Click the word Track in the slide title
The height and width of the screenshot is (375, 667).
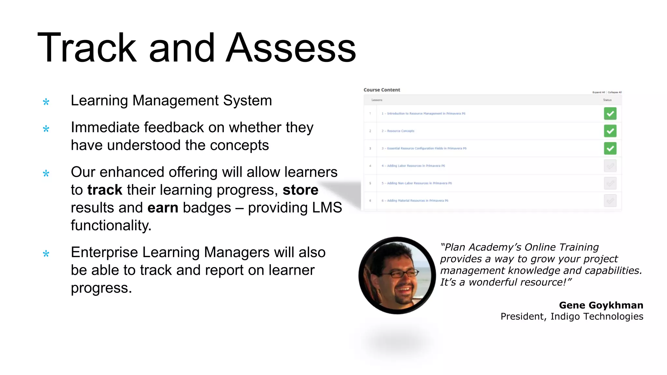(87, 48)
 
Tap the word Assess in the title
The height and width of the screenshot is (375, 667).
(291, 48)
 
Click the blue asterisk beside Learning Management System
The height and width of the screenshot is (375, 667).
(46, 102)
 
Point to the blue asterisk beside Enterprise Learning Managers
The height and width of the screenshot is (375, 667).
(46, 254)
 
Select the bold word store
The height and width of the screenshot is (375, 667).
(300, 190)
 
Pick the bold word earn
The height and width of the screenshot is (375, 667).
(163, 208)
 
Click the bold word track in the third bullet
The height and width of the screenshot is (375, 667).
(105, 190)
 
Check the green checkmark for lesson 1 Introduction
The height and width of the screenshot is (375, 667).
(610, 114)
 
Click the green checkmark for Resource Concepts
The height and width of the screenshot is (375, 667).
(610, 131)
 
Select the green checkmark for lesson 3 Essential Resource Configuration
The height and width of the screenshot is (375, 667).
(610, 148)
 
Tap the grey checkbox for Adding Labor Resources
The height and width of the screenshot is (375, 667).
(610, 166)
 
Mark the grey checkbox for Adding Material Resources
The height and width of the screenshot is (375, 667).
(610, 201)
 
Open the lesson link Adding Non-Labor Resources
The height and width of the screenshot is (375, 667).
(417, 183)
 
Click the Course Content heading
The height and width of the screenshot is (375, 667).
(382, 90)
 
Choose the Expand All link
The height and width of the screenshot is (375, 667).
(598, 92)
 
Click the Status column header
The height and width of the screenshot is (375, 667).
(607, 100)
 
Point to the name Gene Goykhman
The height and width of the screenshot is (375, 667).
(601, 305)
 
